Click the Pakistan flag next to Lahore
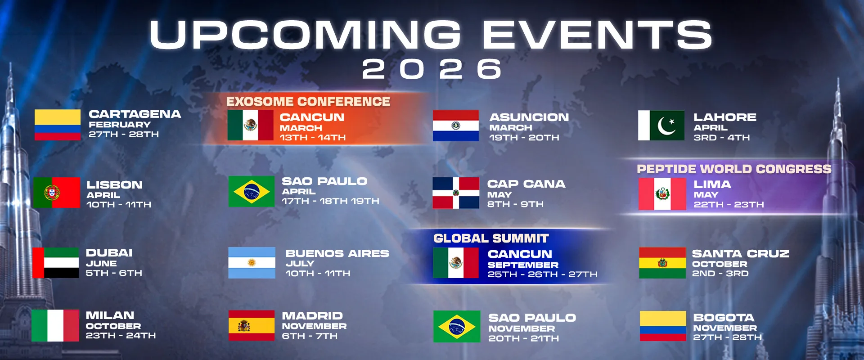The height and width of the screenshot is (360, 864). (x=661, y=126)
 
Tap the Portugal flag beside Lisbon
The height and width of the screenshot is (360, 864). (x=57, y=193)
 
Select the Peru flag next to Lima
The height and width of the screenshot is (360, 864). (x=662, y=194)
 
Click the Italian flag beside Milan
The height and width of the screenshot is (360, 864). (x=55, y=325)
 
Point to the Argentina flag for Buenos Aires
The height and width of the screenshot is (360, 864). (x=252, y=262)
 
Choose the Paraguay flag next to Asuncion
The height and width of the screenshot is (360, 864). (x=455, y=126)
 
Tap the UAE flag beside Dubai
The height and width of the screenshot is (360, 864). (x=56, y=262)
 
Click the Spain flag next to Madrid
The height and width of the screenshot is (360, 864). (x=251, y=325)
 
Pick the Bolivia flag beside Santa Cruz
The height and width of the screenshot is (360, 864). (x=662, y=263)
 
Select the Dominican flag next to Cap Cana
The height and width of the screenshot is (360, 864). (x=456, y=193)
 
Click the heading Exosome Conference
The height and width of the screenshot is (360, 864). (x=308, y=102)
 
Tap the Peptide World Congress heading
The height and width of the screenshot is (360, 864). (x=734, y=169)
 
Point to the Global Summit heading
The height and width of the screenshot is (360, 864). (x=491, y=238)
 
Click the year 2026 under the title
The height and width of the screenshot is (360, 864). (x=432, y=69)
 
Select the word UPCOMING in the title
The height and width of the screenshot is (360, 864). (x=305, y=35)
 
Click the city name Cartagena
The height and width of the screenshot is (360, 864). (x=135, y=114)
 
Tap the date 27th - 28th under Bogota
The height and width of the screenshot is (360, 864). (x=727, y=337)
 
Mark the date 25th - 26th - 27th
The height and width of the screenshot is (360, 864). (x=542, y=274)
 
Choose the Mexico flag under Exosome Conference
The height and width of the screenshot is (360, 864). (x=250, y=126)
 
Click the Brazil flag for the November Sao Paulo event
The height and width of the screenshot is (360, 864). (x=456, y=326)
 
